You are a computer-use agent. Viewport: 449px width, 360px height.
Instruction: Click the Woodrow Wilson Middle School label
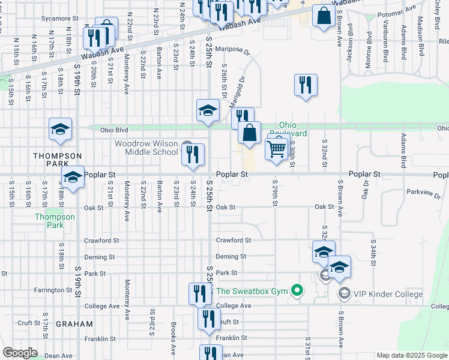coord(146,148)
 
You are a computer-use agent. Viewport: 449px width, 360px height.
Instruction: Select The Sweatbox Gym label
coord(253,292)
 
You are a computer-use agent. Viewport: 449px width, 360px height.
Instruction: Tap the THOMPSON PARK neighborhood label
coord(57,160)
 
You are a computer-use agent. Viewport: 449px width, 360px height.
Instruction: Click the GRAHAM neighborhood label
coord(74,324)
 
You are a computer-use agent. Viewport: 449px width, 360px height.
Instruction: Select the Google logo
coord(20,353)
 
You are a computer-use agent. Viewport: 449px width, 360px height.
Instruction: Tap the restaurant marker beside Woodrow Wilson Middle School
coord(193,154)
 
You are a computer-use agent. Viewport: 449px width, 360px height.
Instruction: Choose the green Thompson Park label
coord(55,221)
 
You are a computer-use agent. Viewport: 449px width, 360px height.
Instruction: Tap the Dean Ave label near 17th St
coord(58,356)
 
